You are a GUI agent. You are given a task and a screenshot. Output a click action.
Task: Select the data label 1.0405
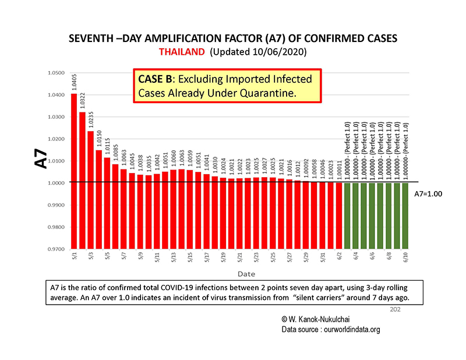74,82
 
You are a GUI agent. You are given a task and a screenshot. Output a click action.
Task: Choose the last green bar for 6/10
405,216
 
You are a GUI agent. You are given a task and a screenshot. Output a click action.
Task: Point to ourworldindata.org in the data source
333,329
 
